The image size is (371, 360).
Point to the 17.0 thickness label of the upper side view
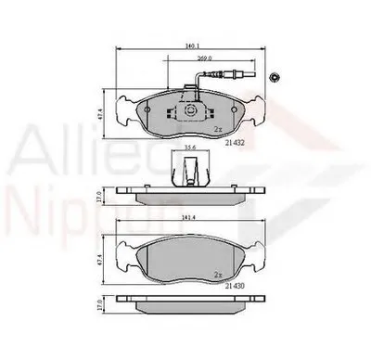click(100, 195)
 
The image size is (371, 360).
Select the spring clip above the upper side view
click(189, 170)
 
